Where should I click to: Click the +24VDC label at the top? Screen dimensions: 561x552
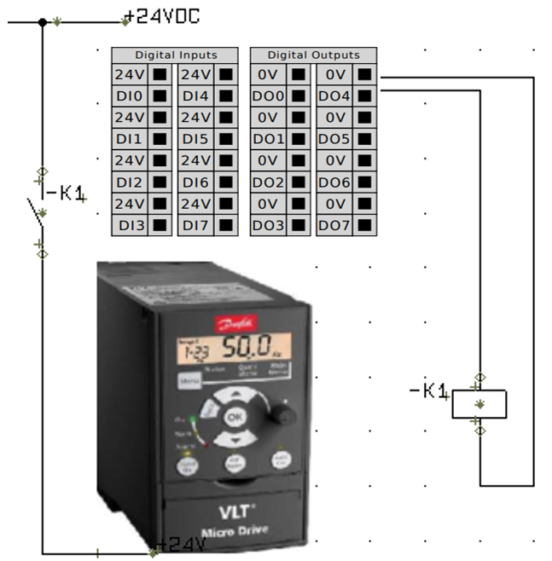(163, 17)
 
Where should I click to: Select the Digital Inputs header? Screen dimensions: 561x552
(176, 55)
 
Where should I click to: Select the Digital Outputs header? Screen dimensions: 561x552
(313, 55)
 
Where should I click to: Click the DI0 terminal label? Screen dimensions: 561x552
(129, 96)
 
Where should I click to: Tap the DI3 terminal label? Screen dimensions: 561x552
(129, 226)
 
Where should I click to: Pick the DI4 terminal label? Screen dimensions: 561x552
(195, 96)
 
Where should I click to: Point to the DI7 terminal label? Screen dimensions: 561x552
(195, 226)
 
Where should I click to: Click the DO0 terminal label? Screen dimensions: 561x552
(268, 96)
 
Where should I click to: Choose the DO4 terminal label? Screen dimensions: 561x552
(334, 96)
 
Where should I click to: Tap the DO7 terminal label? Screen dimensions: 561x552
(334, 226)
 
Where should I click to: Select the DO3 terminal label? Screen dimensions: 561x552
(268, 226)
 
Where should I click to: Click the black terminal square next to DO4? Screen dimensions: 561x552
(364, 96)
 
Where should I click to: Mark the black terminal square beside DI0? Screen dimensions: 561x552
(159, 96)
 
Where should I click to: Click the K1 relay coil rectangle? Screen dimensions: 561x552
(479, 403)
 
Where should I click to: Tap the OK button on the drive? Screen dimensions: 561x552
(235, 418)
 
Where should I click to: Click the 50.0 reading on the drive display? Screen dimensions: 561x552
(249, 348)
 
